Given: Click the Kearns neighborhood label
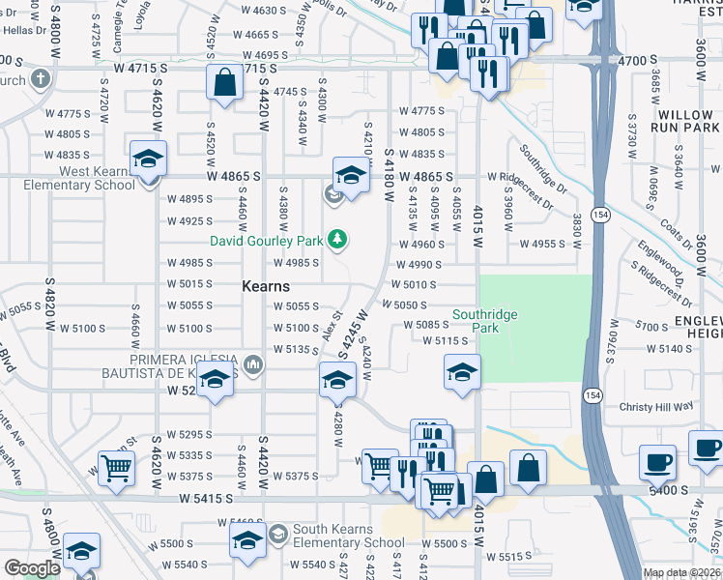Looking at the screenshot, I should click(x=266, y=287).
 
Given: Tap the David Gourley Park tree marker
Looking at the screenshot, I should click(x=337, y=238).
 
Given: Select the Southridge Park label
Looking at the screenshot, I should click(x=485, y=321).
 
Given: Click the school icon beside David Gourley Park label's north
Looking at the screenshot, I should click(x=351, y=175).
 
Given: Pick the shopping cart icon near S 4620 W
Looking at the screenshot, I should click(x=116, y=470).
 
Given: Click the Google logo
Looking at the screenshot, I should click(x=32, y=568).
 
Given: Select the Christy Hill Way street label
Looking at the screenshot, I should click(x=657, y=408).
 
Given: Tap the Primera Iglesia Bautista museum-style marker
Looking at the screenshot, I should click(x=254, y=364).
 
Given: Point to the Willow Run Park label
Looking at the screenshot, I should click(x=684, y=121).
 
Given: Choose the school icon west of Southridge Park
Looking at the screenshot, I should click(x=463, y=372).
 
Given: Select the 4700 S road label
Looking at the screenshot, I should click(x=637, y=60).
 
